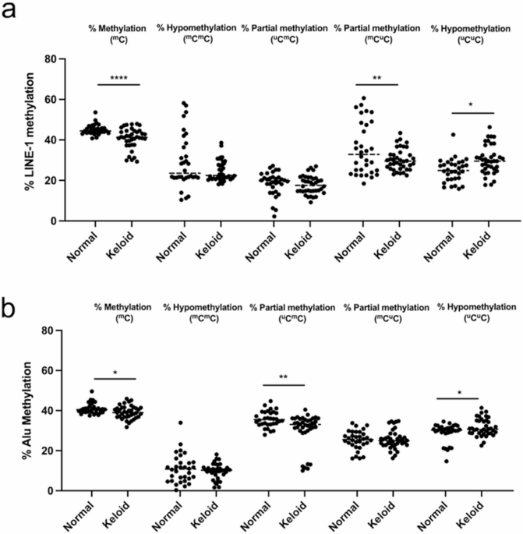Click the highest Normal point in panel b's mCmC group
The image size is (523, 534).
[x=180, y=423]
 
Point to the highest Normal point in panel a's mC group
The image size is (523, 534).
[x=96, y=113]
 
